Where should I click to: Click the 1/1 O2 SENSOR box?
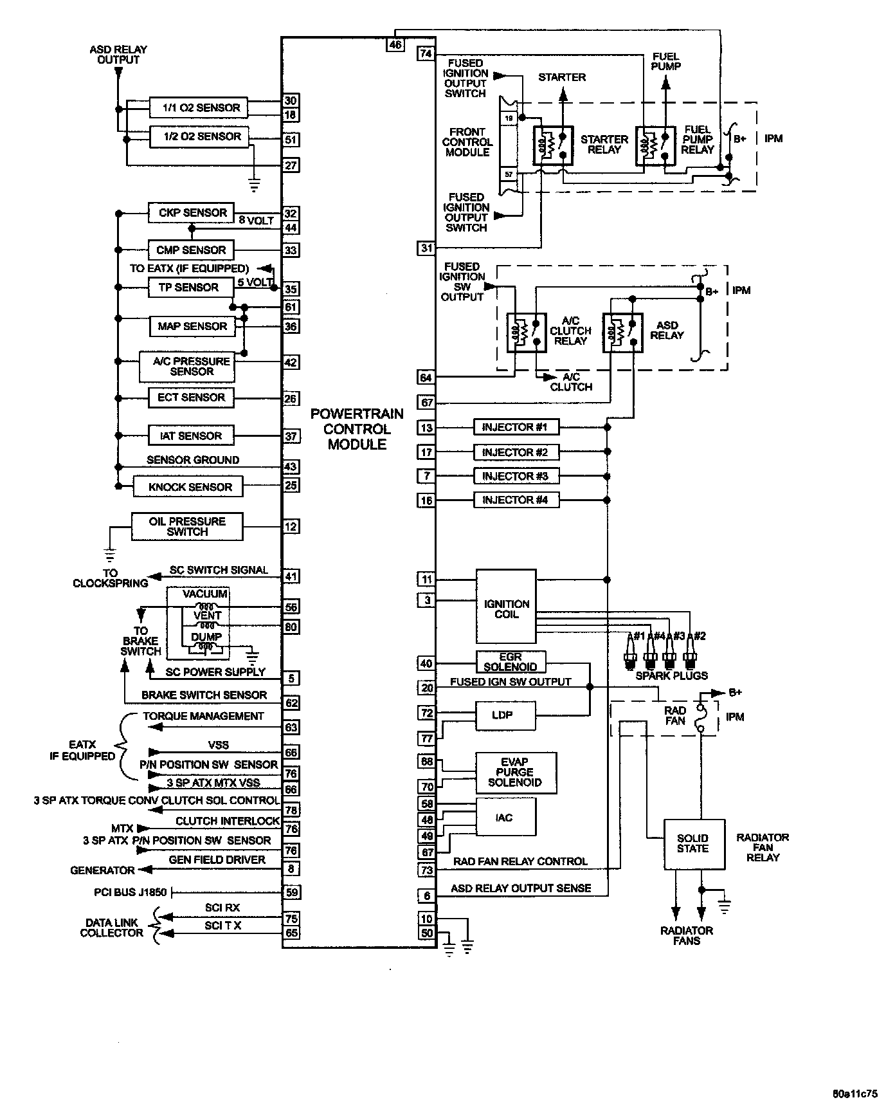[198, 108]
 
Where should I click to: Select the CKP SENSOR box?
[190, 213]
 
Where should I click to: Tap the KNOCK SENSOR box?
[188, 487]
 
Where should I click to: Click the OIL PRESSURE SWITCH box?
[187, 527]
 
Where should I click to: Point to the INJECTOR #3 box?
[515, 477]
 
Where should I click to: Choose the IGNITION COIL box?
[506, 606]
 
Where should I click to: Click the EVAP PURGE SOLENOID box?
[516, 773]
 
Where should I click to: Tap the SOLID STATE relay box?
[693, 844]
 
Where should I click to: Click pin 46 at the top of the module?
[395, 44]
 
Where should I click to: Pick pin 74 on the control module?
[426, 53]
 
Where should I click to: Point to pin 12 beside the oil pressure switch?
[291, 527]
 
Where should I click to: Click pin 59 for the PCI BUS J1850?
[291, 892]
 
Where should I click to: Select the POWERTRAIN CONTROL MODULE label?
[357, 429]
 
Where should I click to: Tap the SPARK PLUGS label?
[671, 675]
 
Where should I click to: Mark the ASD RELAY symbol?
[622, 333]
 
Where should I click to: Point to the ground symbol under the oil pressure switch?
[110, 553]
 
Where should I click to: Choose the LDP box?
[505, 715]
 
